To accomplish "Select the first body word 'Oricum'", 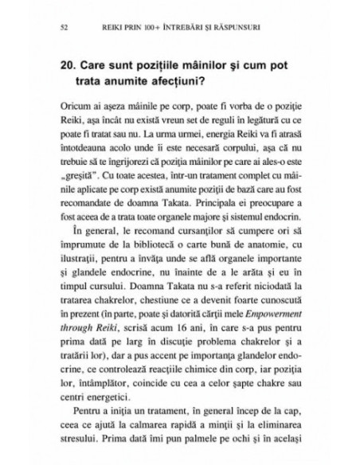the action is [x=74, y=106].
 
